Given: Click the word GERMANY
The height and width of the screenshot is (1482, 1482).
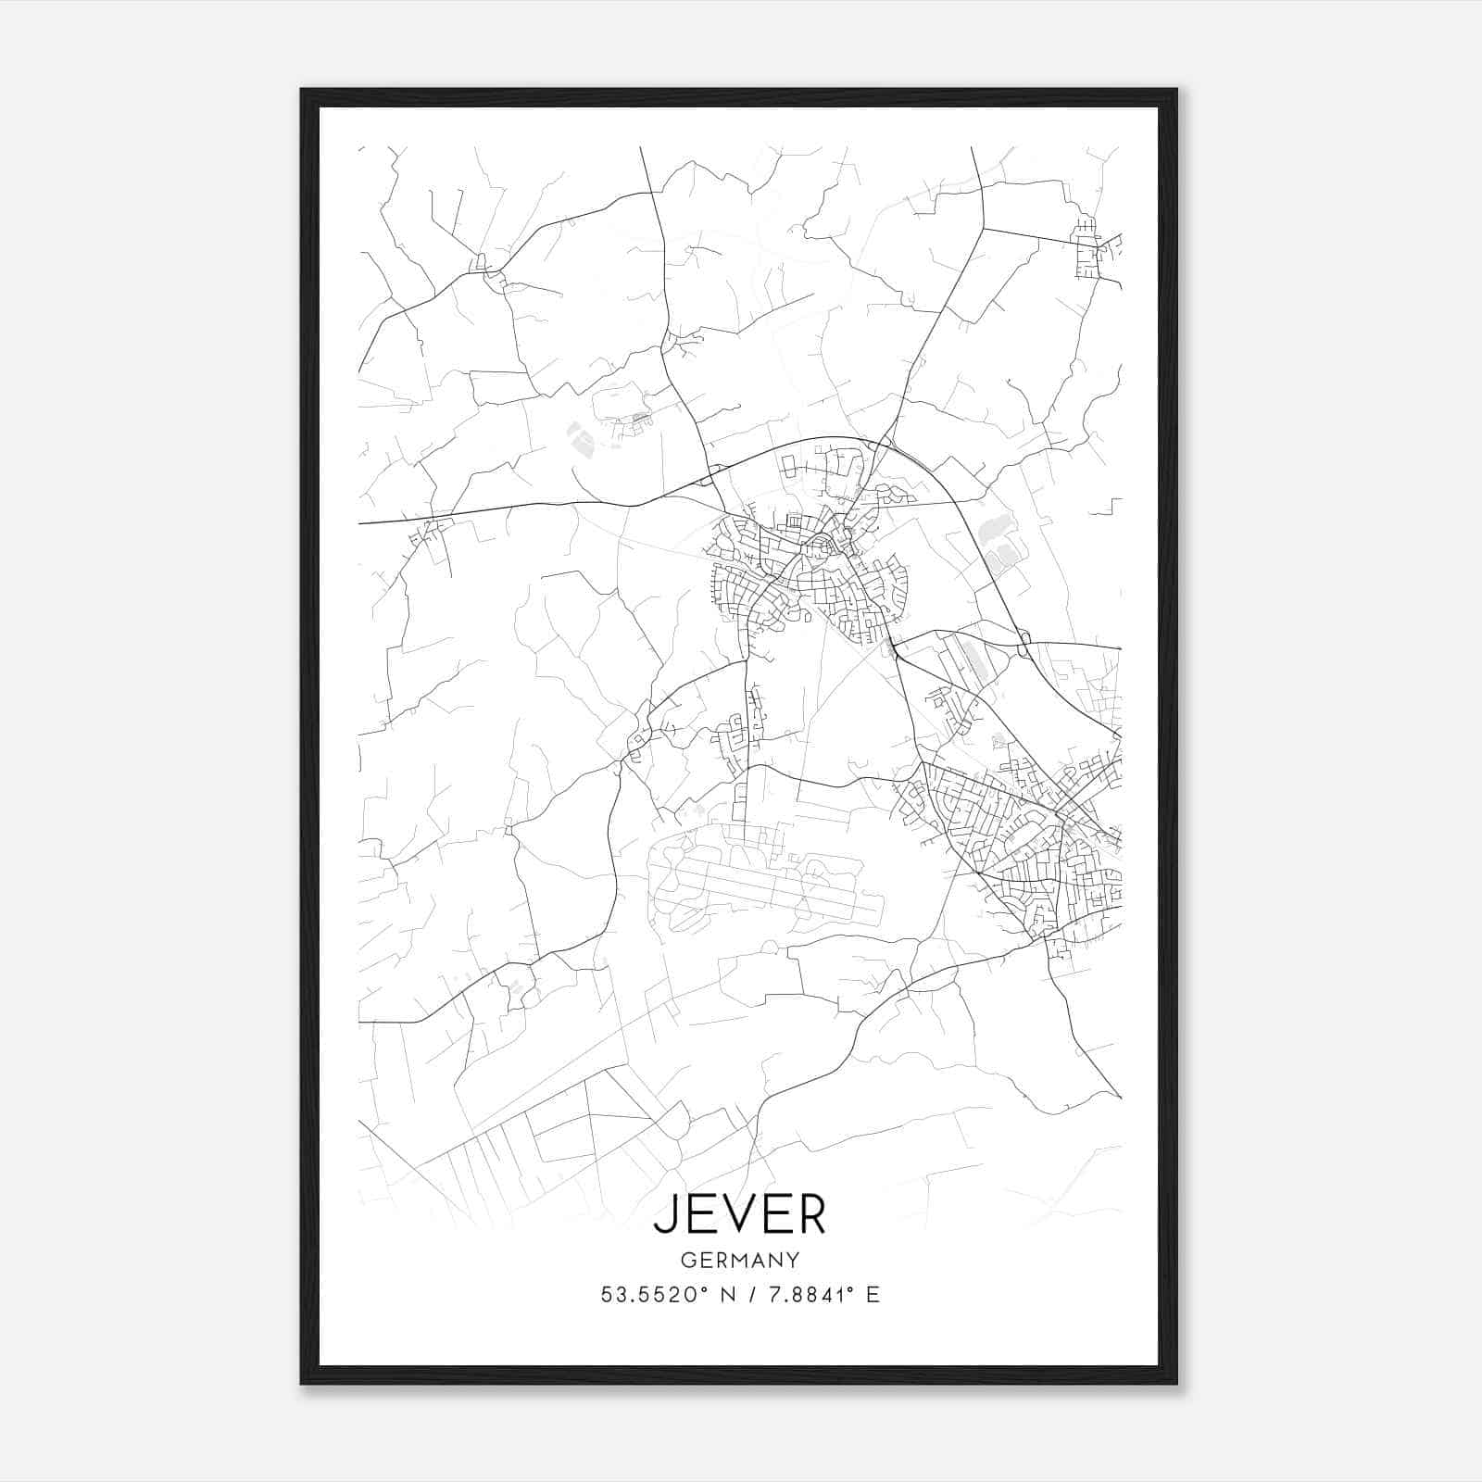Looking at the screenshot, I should point(739,1260).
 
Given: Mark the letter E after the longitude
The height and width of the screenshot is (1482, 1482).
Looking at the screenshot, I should point(873,1295).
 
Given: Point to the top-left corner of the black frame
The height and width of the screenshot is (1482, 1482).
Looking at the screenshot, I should point(303,91).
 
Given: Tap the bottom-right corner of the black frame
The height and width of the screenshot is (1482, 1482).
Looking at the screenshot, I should point(1175,1383).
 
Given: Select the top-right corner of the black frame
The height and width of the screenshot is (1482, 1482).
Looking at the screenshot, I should point(1175,91).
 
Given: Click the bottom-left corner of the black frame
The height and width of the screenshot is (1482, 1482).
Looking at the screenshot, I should point(303,1383).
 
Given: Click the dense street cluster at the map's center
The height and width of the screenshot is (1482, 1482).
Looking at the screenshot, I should point(806,574).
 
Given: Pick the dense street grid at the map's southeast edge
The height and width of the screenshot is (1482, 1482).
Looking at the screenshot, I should point(1028,834).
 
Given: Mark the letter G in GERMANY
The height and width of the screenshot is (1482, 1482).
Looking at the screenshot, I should point(686,1260).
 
